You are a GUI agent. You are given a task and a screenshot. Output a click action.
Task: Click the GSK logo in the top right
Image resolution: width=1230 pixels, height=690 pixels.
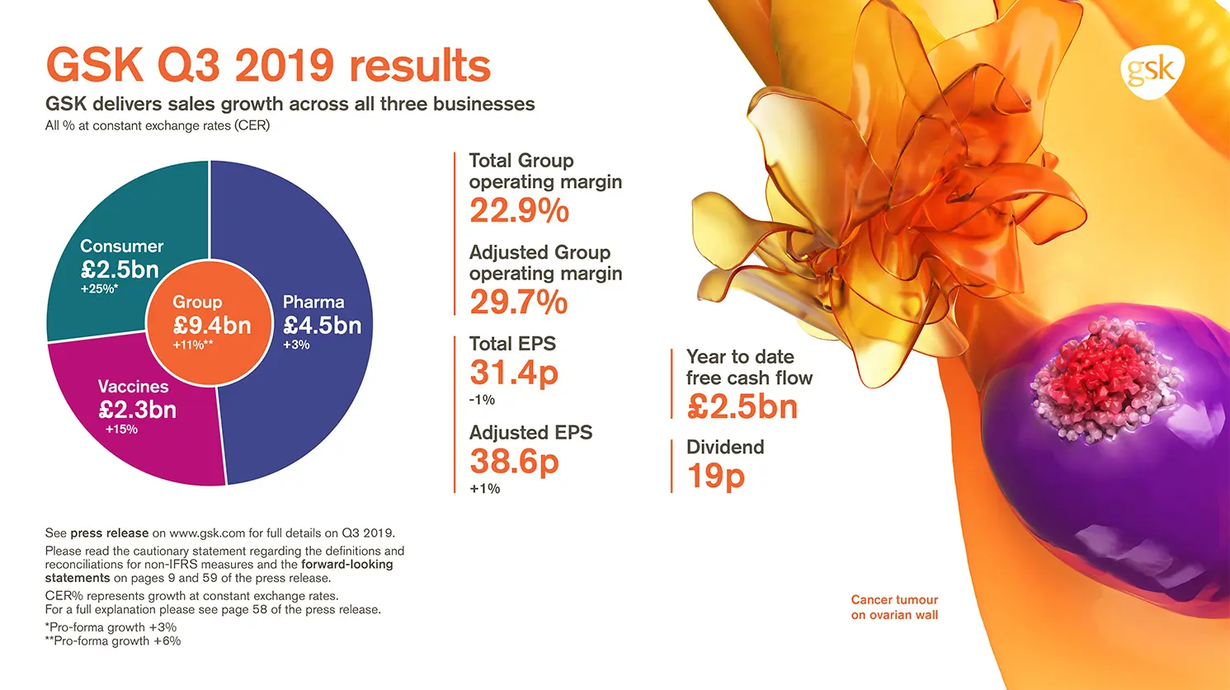1152,71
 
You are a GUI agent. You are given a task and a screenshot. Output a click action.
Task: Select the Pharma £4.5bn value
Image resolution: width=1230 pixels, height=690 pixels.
322,326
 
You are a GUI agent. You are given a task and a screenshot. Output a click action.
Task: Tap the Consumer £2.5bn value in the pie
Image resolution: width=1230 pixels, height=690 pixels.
120,270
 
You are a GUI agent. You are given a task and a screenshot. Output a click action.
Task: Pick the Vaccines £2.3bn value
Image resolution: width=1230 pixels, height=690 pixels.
137,410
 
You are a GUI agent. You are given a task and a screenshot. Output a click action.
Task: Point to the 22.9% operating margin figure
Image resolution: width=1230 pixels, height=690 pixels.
519,211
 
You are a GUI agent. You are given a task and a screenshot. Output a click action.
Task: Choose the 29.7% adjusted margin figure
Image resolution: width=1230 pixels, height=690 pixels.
518,303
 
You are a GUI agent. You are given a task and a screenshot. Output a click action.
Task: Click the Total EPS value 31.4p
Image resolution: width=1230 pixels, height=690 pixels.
514,373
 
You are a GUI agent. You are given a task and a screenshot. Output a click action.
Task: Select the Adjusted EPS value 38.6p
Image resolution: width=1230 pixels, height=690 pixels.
514,462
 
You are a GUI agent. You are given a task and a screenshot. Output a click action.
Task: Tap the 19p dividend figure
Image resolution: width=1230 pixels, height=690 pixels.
715,476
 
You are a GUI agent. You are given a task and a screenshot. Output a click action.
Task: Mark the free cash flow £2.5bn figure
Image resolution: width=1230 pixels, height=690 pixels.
742,407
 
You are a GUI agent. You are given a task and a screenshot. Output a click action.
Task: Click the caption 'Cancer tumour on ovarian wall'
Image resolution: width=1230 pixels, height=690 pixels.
894,608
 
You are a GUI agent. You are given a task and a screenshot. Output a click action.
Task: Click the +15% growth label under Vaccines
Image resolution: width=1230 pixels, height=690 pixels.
121,429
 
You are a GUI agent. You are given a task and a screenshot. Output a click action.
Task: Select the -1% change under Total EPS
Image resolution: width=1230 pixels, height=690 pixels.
482,400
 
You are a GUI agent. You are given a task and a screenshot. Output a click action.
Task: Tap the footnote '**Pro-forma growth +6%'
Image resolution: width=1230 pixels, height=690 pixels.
113,641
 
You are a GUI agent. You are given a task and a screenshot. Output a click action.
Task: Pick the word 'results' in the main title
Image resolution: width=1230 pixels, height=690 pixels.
420,66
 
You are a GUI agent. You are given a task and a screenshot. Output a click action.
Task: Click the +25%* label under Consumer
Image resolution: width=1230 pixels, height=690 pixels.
99,289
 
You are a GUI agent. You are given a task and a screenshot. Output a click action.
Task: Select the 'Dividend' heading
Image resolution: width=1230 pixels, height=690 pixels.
725,447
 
